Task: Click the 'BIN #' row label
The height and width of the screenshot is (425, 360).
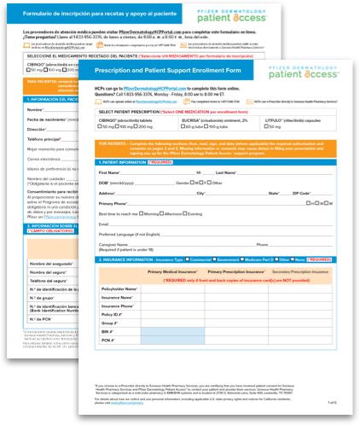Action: (x=107, y=331)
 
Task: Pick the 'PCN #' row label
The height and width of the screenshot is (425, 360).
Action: (x=108, y=340)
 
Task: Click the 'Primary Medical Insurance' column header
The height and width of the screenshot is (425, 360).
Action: (x=176, y=271)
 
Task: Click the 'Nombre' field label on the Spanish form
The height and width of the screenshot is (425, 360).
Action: (x=35, y=109)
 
